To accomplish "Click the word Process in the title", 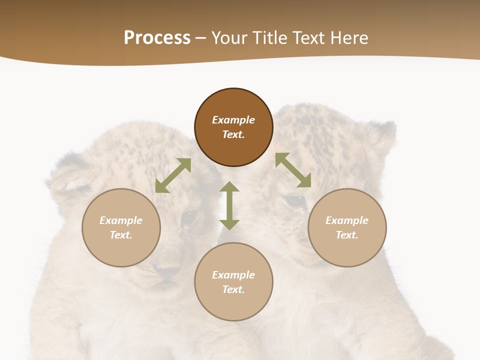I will pos(157,38).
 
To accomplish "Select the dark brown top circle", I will pos(233,127).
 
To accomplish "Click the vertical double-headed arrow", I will pos(229,205).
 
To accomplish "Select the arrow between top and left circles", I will pos(173,175).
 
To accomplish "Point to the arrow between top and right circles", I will pos(293,170).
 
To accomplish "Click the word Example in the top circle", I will pos(233,120).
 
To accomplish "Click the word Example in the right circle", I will pos(347,220).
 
